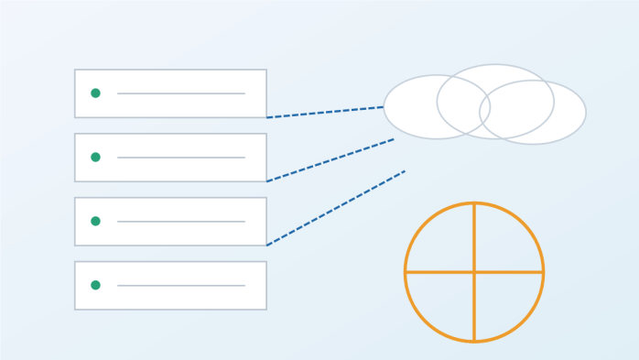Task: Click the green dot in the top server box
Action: (95, 93)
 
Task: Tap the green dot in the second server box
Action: (95, 158)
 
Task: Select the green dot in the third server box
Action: (95, 222)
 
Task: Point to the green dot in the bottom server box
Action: (95, 285)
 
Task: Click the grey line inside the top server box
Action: (181, 93)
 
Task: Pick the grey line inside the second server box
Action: (181, 158)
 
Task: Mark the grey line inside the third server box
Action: (181, 222)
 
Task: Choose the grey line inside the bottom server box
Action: (181, 285)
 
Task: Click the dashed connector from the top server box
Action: (325, 112)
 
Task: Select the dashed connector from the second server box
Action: (330, 160)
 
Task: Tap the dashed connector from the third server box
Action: (336, 208)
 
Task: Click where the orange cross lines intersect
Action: (474, 272)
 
